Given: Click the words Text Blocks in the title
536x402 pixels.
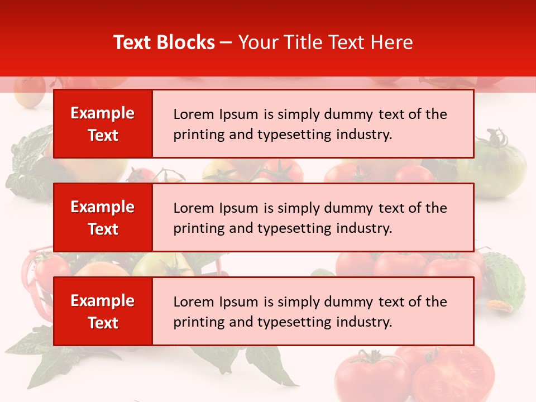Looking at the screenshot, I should click(164, 42).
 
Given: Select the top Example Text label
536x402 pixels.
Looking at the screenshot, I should click(103, 124).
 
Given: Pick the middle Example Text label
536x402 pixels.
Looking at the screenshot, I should click(103, 218).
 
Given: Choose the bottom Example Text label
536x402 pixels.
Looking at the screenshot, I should click(103, 312).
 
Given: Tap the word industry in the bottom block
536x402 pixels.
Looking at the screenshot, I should click(366, 322).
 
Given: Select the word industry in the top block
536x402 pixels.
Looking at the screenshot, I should click(366, 135).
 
